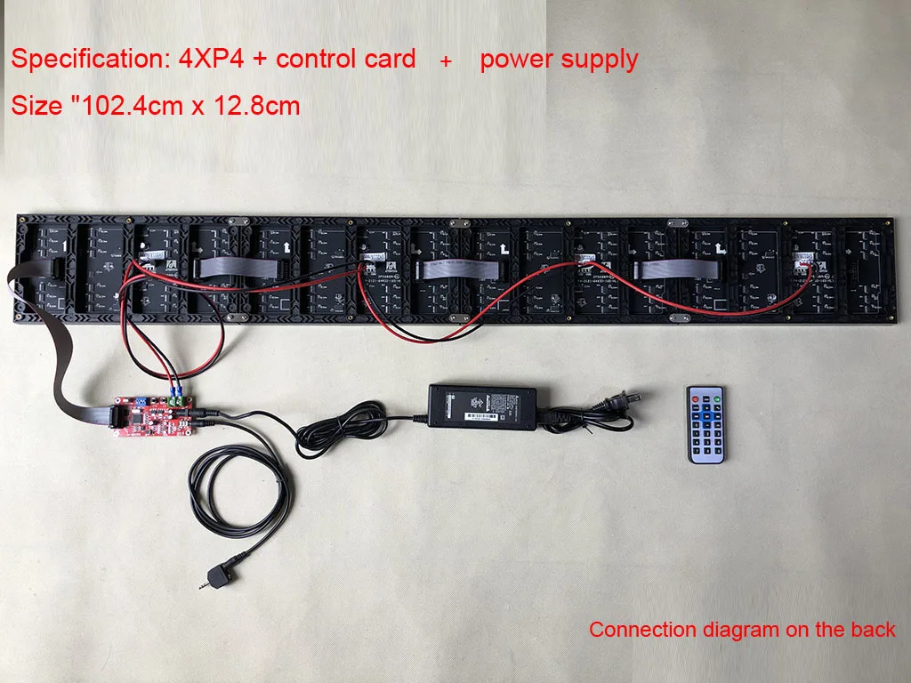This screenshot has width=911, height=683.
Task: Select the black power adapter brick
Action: coord(482,406)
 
